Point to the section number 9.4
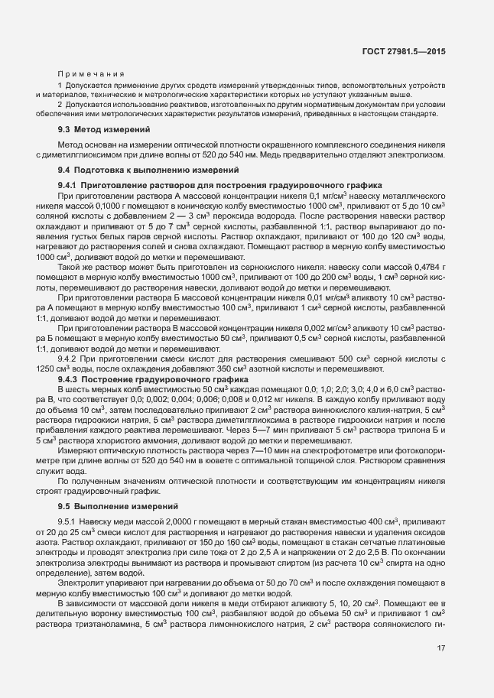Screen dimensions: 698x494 [64, 169]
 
